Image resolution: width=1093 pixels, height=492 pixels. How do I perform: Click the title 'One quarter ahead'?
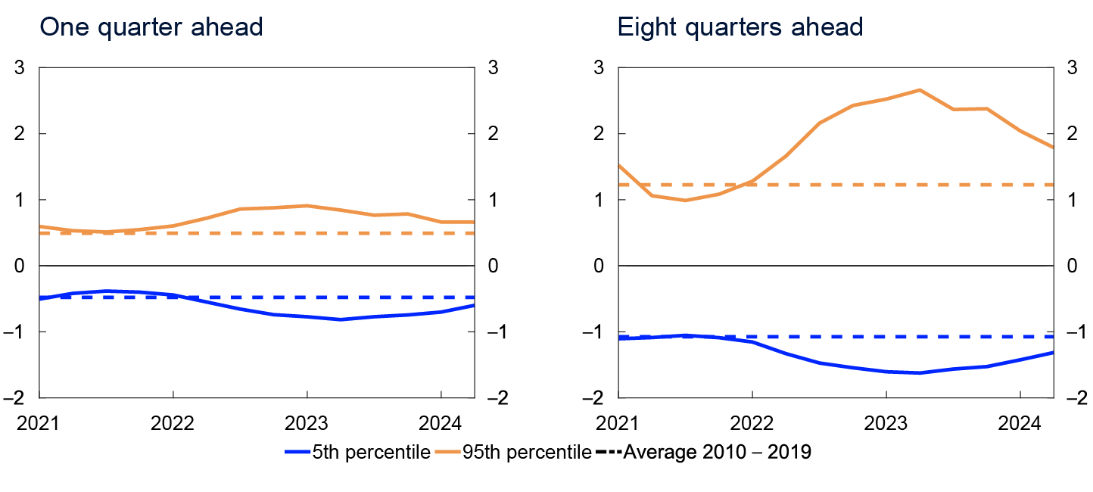click(x=151, y=27)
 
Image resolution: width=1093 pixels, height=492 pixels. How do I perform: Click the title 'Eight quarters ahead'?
click(x=740, y=27)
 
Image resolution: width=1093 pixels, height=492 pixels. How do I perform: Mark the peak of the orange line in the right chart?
click(x=919, y=90)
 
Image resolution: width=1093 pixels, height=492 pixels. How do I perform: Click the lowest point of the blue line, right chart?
click(x=919, y=372)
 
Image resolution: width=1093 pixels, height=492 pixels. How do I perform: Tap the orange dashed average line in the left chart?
click(x=227, y=233)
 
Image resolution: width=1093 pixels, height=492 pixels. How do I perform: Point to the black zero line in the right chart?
click(x=833, y=266)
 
